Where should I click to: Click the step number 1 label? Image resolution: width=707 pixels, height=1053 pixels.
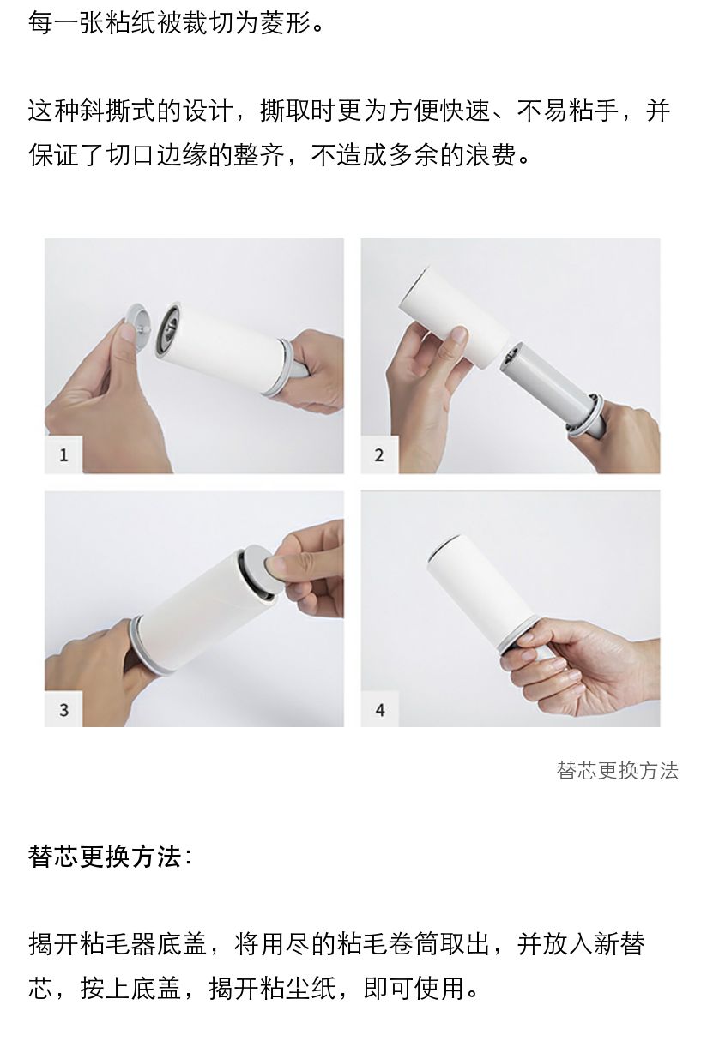63,454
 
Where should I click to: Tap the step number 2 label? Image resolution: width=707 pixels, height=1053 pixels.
379,454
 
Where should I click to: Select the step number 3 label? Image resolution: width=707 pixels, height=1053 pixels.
63,709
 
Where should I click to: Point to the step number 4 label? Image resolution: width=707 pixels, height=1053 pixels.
380,709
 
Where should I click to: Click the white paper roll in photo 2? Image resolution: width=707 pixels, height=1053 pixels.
454,315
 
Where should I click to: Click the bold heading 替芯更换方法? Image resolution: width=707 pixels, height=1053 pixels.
110,856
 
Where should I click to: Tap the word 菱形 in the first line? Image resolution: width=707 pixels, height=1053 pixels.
285,22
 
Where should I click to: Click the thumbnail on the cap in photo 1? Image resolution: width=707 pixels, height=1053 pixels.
128,333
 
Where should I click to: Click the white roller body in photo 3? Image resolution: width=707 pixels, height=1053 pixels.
197,611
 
